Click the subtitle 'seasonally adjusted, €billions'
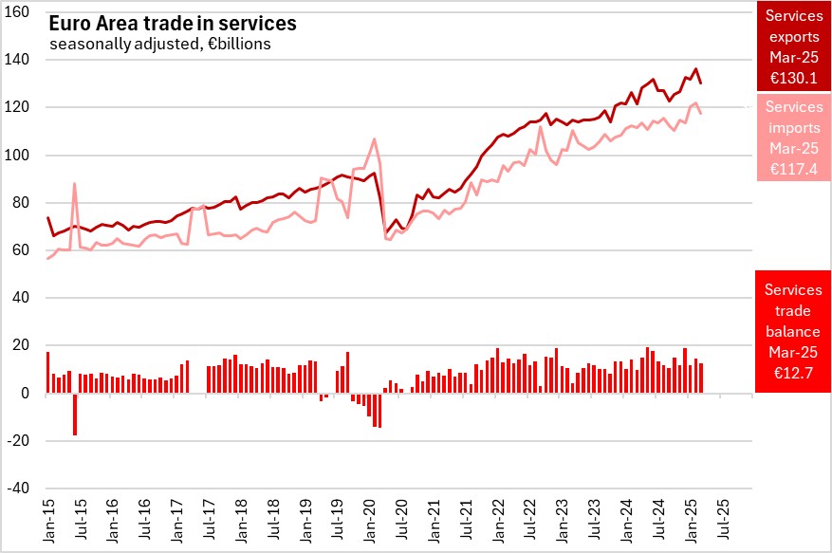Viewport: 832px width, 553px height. pos(160,44)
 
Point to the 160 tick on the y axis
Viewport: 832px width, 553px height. pos(20,12)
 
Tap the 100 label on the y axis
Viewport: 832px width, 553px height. pos(20,155)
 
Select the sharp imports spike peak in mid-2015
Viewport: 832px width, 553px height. pos(74,184)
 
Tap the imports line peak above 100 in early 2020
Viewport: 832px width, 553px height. pos(374,139)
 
